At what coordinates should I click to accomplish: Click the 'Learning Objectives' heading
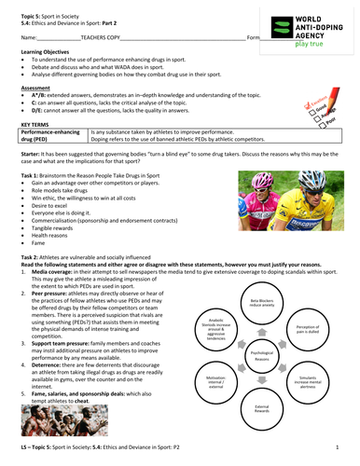[43, 78]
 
